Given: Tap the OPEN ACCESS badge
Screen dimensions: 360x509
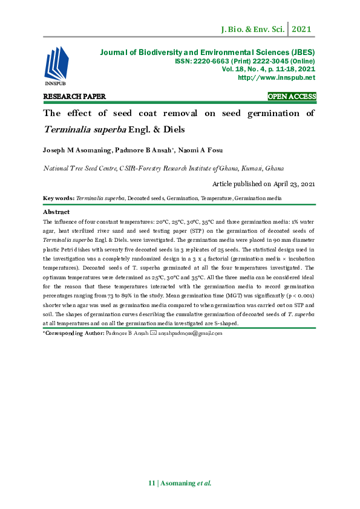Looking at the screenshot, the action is [x=292, y=96].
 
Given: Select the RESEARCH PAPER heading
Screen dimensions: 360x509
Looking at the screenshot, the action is [x=74, y=96].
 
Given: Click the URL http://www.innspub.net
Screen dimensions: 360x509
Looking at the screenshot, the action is [x=277, y=77].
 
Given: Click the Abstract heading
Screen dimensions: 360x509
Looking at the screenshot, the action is [x=56, y=212].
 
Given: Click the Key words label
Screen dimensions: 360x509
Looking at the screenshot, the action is [x=59, y=198].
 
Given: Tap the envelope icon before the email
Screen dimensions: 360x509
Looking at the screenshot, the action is [x=153, y=333].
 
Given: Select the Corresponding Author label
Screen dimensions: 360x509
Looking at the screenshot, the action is [x=73, y=333].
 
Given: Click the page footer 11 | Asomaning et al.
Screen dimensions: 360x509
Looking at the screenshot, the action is [x=180, y=484].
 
